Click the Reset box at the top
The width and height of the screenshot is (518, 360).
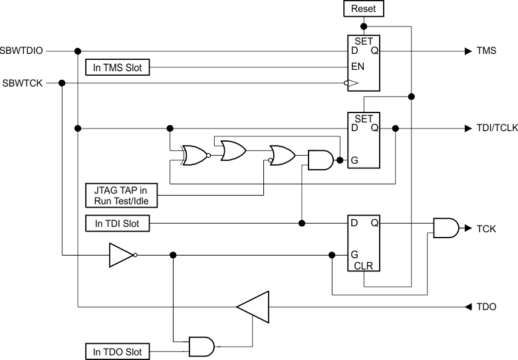click(363, 9)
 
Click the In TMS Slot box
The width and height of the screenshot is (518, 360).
click(118, 67)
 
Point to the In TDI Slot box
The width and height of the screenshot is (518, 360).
click(118, 224)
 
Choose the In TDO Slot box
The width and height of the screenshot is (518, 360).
click(118, 351)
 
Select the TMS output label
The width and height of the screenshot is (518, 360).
click(486, 51)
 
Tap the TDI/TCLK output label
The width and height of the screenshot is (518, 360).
click(497, 128)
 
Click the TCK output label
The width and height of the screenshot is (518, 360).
click(486, 228)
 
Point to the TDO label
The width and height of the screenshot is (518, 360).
click(486, 307)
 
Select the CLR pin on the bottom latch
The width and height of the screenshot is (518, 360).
click(364, 266)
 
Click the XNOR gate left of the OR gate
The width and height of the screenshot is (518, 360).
click(195, 155)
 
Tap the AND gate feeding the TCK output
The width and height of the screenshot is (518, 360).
click(445, 228)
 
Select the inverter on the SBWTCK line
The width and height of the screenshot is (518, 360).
click(122, 255)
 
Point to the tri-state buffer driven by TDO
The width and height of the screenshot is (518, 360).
click(254, 307)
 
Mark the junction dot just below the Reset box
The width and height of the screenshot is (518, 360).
click(363, 27)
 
